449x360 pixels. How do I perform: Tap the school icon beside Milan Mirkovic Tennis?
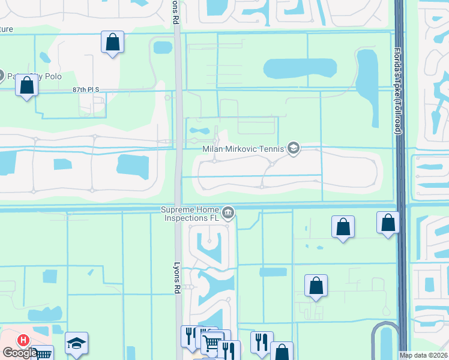tap(294, 148)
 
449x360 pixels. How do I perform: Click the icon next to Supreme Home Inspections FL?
tap(228, 212)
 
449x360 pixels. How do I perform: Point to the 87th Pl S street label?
tap(85, 89)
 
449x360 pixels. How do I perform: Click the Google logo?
tap(20, 353)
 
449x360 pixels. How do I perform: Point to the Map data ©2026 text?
tap(423, 355)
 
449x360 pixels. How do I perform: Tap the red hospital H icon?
tap(23, 340)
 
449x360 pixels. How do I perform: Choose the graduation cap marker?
tap(76, 343)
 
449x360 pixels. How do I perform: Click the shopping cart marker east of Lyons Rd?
tap(211, 343)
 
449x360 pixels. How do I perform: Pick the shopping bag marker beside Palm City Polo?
tap(27, 85)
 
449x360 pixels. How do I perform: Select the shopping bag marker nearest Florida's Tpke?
tap(388, 222)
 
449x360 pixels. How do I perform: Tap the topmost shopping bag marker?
tap(112, 42)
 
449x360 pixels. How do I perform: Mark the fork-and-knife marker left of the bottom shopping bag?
tap(261, 342)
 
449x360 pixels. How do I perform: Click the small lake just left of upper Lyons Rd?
tap(163, 47)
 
